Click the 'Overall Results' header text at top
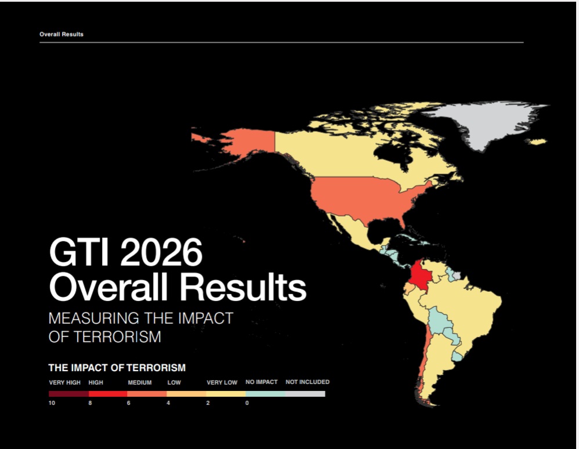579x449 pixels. (x=61, y=34)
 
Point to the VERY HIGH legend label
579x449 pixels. (x=64, y=382)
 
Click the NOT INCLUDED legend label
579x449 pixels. (x=307, y=382)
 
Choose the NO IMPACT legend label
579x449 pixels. (x=262, y=382)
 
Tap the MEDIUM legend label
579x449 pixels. (x=140, y=382)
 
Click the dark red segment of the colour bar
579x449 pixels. (x=68, y=394)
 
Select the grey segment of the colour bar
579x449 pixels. (x=305, y=394)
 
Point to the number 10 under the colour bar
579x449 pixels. (x=52, y=403)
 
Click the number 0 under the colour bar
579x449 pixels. (x=247, y=403)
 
